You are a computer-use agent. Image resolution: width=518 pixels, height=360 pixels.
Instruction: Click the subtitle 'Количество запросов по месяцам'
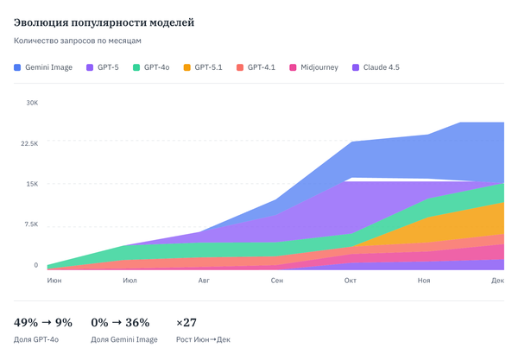tap(78, 41)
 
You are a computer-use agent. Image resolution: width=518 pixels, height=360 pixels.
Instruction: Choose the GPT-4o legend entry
tap(150, 67)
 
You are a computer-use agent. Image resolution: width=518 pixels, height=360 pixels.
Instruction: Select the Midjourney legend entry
tap(313, 67)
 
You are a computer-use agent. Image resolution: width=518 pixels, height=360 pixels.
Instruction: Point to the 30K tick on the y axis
tap(31, 103)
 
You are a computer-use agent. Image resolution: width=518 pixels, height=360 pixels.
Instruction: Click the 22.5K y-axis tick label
tap(29, 143)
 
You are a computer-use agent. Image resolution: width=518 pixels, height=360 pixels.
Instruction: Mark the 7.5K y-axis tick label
tap(30, 224)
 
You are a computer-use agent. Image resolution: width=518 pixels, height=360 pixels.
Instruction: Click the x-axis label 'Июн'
tap(54, 281)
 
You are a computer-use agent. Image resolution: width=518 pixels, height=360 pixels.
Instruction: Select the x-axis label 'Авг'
tap(204, 281)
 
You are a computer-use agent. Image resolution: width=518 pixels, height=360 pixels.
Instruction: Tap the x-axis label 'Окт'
tap(351, 281)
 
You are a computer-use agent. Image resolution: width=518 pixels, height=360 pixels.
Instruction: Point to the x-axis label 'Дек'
tap(497, 281)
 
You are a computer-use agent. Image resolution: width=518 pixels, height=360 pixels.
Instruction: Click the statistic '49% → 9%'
tap(43, 323)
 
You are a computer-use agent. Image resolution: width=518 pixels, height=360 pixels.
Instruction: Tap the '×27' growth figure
tap(186, 323)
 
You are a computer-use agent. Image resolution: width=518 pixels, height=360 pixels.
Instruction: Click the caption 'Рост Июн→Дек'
tap(203, 340)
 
